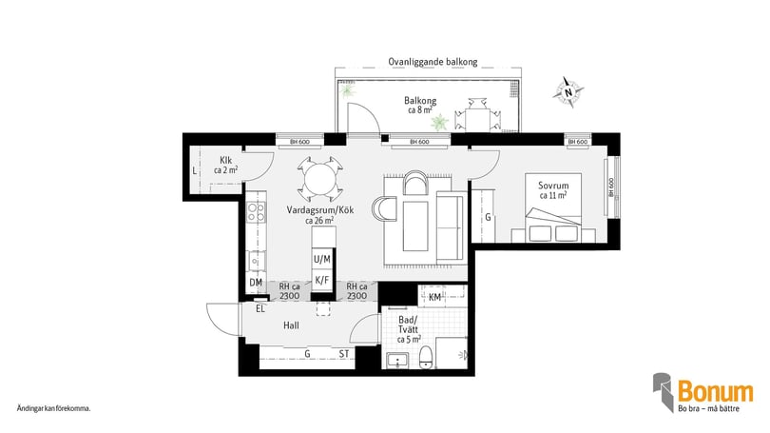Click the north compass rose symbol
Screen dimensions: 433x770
570,91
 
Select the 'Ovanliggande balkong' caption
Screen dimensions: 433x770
433,62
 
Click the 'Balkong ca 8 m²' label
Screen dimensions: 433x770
420,105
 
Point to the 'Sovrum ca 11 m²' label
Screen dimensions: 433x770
552,189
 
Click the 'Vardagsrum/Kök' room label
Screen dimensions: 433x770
319,214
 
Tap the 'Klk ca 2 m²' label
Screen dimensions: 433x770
225,165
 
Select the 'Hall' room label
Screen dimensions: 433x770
292,325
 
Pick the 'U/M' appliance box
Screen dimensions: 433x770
322,260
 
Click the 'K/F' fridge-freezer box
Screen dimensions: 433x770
322,281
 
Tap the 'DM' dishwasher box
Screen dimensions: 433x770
255,283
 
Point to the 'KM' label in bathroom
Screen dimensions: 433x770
434,299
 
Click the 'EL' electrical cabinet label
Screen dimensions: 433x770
259,308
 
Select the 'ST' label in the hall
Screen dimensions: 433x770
344,354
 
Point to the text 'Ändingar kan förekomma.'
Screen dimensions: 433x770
54,409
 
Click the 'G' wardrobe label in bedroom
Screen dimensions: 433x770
488,218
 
